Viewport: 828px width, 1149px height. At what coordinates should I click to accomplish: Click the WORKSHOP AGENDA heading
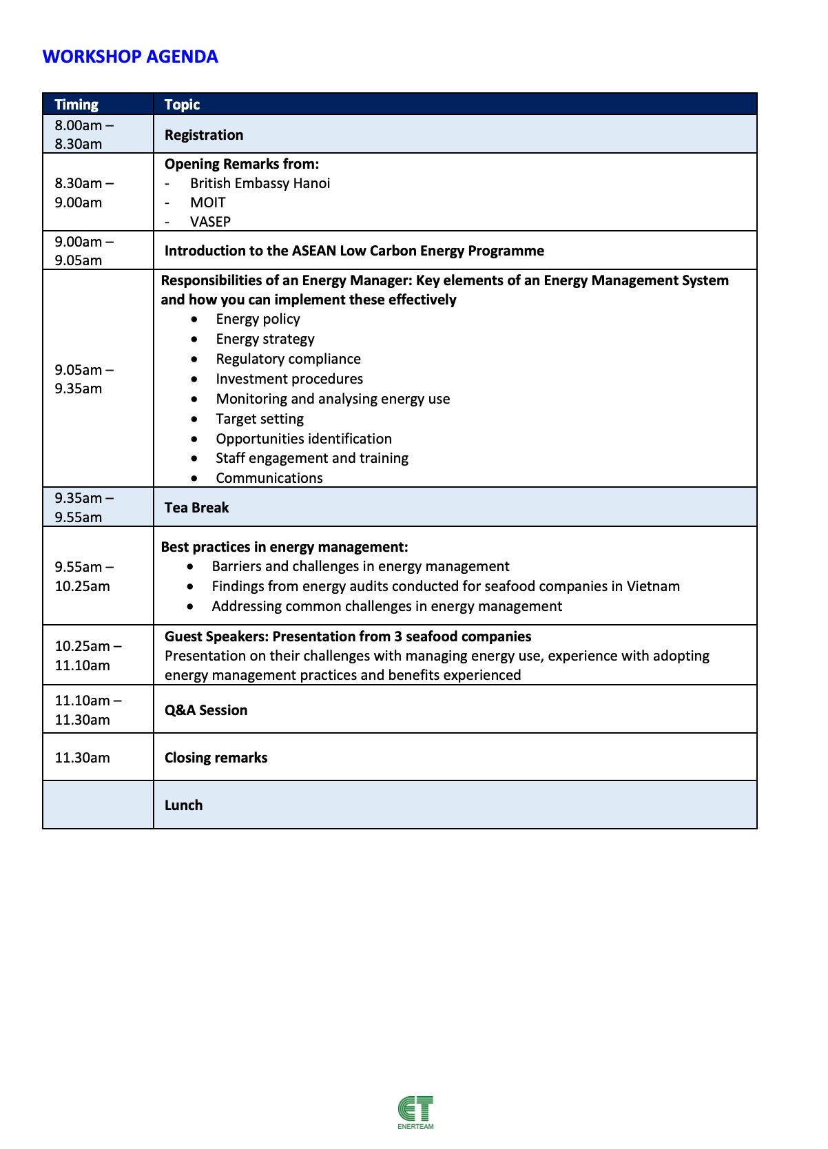click(130, 56)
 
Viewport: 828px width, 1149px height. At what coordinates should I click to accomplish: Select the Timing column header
click(76, 105)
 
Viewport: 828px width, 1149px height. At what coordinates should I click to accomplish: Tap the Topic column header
click(182, 105)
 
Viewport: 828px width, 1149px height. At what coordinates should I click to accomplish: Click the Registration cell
click(204, 135)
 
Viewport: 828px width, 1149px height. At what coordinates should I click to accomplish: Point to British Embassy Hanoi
click(260, 183)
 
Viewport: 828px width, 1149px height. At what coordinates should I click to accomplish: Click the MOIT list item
click(207, 203)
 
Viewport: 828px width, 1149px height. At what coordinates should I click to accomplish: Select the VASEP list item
click(210, 222)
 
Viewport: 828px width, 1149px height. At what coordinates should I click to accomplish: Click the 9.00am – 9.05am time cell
click(84, 251)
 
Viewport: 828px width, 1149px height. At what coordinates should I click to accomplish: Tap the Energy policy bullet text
click(258, 319)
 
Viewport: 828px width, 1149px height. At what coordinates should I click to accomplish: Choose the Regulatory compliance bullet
click(288, 359)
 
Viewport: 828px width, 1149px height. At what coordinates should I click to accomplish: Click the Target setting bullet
click(259, 419)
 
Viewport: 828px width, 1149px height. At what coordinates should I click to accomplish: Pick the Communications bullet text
click(269, 478)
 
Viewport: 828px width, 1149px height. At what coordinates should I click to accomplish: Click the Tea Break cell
click(196, 508)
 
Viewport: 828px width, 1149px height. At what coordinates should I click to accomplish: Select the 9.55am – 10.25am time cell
click(84, 577)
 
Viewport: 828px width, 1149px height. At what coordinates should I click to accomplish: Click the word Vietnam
click(653, 586)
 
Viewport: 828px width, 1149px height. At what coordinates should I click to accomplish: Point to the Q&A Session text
click(205, 710)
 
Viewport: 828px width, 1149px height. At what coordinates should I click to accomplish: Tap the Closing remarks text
click(216, 758)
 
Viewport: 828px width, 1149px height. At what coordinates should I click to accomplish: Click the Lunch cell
click(183, 805)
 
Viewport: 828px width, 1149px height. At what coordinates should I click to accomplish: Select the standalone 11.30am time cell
click(82, 758)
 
